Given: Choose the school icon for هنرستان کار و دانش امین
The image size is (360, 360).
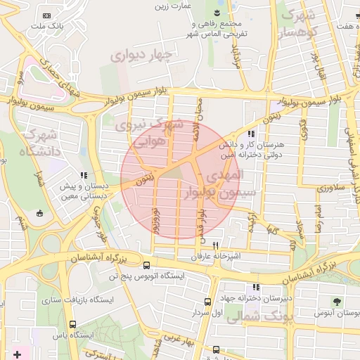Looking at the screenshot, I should [250, 133].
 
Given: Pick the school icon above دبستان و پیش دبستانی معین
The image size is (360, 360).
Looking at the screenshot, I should [84, 175].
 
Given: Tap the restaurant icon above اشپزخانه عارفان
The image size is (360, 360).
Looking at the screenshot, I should [205, 244].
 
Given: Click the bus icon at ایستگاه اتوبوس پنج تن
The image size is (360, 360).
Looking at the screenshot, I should [146, 265].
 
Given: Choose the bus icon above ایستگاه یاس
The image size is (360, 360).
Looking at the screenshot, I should [73, 324].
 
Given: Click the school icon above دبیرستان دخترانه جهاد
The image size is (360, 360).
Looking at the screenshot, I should [256, 287].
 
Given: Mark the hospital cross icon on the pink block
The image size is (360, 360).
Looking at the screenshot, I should [18, 354].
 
